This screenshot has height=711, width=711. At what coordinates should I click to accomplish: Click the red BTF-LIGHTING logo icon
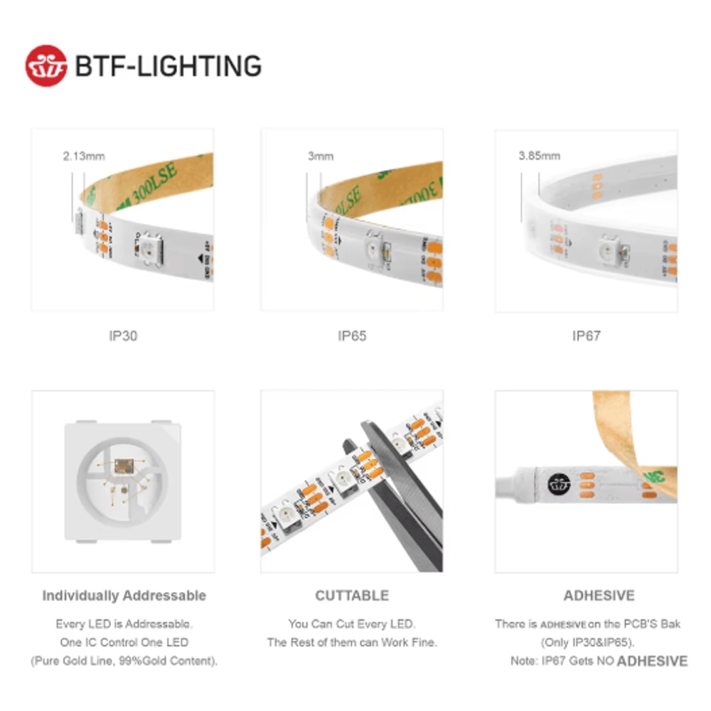[x=46, y=66]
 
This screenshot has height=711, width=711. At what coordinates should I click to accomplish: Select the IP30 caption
[x=123, y=336]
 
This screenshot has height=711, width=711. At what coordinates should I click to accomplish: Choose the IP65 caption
[x=352, y=336]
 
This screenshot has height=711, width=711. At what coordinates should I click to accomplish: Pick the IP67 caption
[x=587, y=336]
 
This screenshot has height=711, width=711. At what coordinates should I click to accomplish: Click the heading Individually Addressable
[x=124, y=596]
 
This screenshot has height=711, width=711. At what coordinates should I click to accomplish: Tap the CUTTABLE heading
[x=352, y=596]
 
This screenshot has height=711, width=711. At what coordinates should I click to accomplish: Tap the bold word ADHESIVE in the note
[x=652, y=661]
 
